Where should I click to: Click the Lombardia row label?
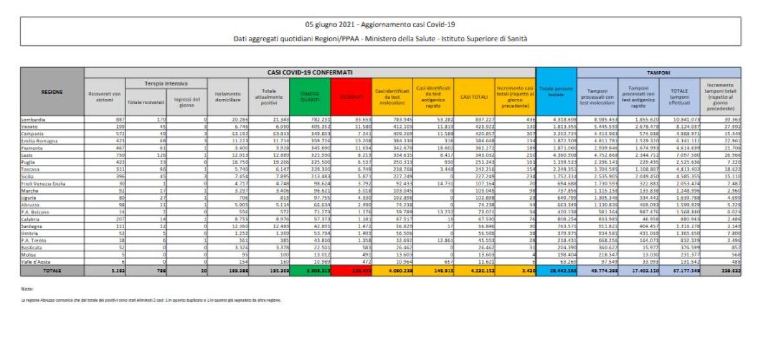(x=33, y=120)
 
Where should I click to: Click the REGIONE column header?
(x=52, y=92)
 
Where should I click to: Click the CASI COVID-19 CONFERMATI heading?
(x=310, y=72)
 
